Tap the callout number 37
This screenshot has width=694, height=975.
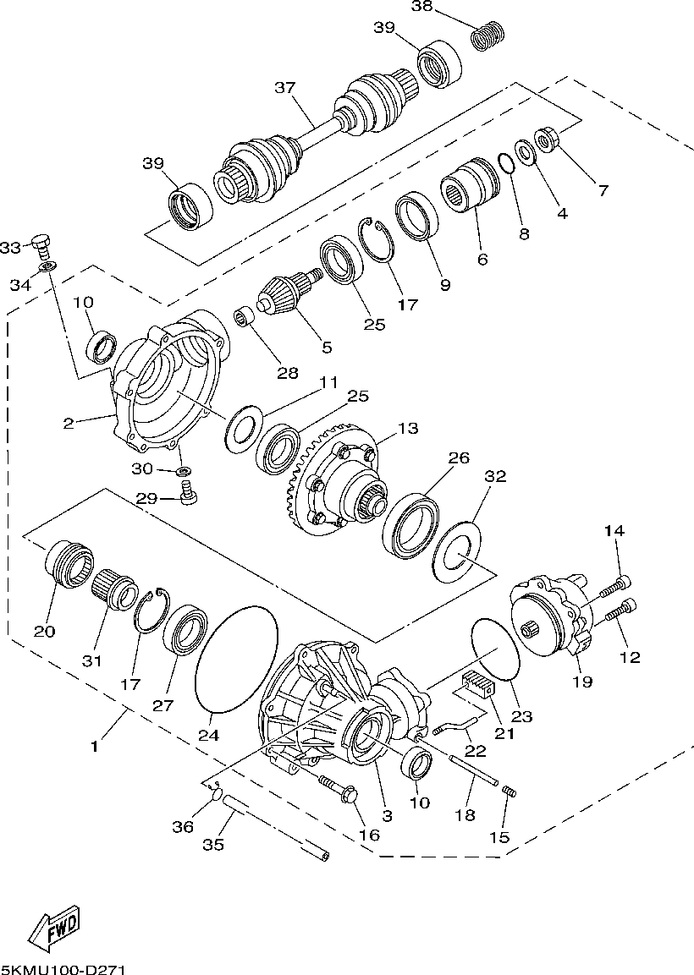284,88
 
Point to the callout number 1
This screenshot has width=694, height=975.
95,747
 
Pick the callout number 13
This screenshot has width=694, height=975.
408,429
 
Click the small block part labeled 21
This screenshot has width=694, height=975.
477,685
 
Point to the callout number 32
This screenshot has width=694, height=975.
495,477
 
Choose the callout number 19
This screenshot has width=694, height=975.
581,680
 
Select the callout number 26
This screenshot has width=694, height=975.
458,457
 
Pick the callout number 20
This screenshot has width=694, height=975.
44,631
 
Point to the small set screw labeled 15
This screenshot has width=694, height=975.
509,792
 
